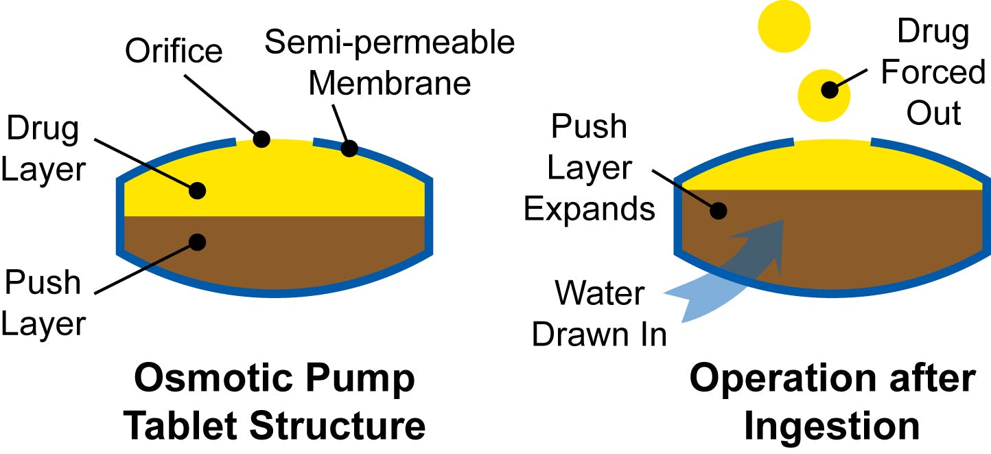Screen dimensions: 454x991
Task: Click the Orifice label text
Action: (173, 52)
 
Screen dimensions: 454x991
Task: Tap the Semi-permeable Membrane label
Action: (390, 63)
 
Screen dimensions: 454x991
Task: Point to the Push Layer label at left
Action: (43, 302)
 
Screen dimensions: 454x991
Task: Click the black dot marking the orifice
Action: (261, 139)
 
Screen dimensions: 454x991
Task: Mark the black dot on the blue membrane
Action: (349, 148)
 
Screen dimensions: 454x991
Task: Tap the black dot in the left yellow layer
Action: (198, 190)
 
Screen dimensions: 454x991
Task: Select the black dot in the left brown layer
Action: (198, 241)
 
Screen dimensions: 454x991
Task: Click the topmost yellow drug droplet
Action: (784, 26)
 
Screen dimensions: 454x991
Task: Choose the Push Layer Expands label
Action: (589, 168)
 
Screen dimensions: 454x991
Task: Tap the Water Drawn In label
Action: (599, 315)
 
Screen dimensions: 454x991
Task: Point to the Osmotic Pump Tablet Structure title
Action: (274, 402)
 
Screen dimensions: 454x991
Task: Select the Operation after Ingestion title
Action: (832, 402)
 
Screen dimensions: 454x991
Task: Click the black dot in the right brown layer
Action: (718, 211)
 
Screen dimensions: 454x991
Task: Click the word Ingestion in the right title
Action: (832, 426)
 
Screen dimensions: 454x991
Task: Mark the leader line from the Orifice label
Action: (220, 104)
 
